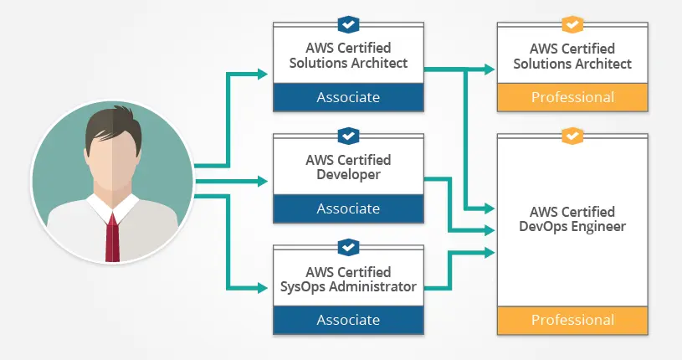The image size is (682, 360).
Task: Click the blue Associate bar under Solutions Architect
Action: click(x=348, y=97)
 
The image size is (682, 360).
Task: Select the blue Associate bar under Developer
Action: click(x=348, y=208)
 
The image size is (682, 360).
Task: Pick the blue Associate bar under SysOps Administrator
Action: click(x=348, y=320)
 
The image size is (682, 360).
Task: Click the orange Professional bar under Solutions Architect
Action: click(x=572, y=97)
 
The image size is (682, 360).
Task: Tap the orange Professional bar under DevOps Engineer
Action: click(x=572, y=320)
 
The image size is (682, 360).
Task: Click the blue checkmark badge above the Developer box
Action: click(x=348, y=135)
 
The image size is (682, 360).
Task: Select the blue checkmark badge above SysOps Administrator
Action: click(x=348, y=246)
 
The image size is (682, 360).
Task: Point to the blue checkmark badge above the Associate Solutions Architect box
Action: click(x=348, y=23)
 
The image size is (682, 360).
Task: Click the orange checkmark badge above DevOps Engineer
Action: click(x=572, y=135)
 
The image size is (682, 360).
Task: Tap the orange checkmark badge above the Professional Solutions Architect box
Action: click(x=572, y=23)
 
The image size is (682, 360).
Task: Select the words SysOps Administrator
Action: click(x=348, y=286)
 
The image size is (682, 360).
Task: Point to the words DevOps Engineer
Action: click(x=572, y=226)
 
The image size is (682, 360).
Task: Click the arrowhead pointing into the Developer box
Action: click(x=265, y=178)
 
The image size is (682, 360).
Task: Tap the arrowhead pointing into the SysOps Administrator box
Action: click(x=265, y=289)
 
